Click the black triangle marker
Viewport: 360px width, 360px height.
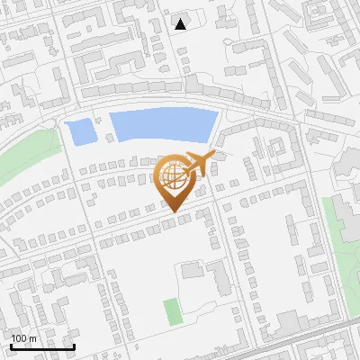click(x=181, y=24)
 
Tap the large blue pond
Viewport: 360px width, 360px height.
click(x=162, y=125)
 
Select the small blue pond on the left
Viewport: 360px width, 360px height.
click(x=81, y=132)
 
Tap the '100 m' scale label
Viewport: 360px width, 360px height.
click(x=22, y=338)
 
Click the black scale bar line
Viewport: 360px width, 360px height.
click(x=42, y=346)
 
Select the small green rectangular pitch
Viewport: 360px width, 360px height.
click(x=172, y=311)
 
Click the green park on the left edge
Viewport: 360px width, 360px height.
click(x=22, y=162)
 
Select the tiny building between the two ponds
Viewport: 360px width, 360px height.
click(x=110, y=138)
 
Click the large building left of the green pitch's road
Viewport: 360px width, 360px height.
click(x=192, y=270)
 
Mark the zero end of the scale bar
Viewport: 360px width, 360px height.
click(x=12, y=346)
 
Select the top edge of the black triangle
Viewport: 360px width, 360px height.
click(x=181, y=19)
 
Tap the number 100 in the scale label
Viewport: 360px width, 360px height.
click(x=19, y=338)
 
